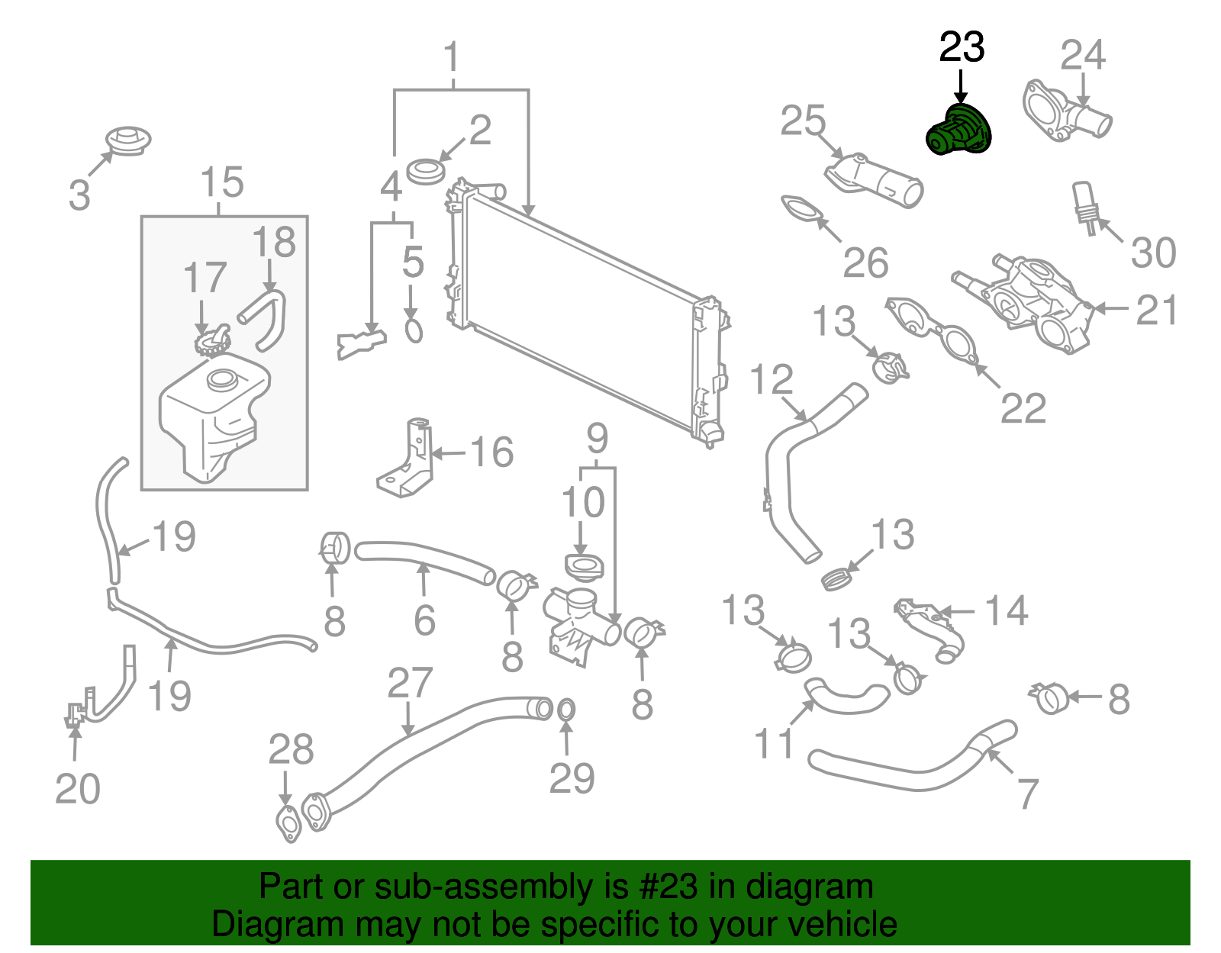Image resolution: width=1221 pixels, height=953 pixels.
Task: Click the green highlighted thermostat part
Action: pos(959,131)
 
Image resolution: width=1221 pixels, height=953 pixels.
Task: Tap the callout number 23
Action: pos(962,47)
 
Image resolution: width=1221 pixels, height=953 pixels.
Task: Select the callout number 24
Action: pos(1082,55)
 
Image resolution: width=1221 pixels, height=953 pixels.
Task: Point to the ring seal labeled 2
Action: pos(426,171)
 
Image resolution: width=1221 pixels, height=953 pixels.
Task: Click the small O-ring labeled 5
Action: pos(413,330)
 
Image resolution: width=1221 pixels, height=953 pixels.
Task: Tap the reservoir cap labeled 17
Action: pos(212,341)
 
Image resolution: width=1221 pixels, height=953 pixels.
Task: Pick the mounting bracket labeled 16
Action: pos(408,462)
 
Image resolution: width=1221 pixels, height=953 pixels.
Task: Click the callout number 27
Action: pos(410,683)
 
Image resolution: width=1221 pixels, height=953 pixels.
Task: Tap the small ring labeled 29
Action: pos(565,710)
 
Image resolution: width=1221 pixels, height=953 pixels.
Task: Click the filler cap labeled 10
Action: pos(584,567)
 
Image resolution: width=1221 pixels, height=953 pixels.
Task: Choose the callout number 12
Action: pos(772,379)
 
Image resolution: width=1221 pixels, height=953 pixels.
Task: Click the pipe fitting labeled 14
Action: pos(933,629)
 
